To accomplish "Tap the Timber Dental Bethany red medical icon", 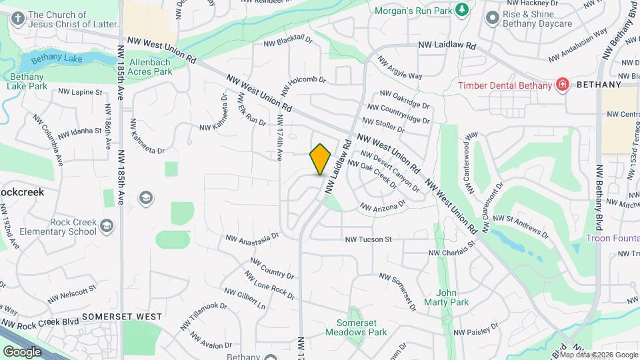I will click(x=562, y=85).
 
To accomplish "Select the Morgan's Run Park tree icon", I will click(x=461, y=9).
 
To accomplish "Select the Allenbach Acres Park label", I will click(x=145, y=67).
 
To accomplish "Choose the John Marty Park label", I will click(x=452, y=297).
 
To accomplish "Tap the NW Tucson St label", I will click(x=367, y=239).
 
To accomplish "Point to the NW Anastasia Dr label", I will click(x=252, y=238).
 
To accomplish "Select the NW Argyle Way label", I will click(x=400, y=67).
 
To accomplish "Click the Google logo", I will click(x=22, y=351).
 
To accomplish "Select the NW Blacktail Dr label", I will click(x=288, y=42).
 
